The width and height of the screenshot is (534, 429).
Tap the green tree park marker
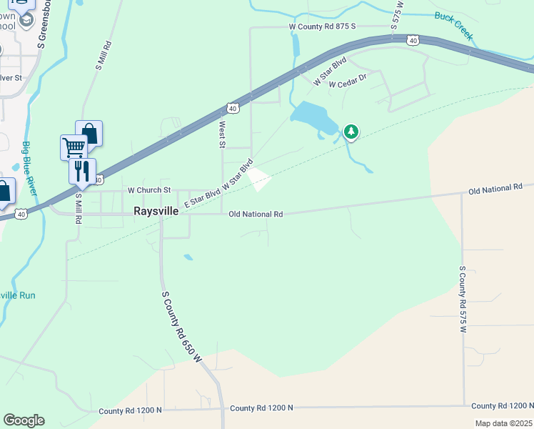[x=351, y=131]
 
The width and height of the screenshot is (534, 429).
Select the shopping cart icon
[x=74, y=147]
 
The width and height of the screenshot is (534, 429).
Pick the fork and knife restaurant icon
[x=82, y=170]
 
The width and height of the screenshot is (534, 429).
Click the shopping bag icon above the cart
[x=89, y=133]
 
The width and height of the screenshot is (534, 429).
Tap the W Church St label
[x=149, y=190]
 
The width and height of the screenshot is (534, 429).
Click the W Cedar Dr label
[x=347, y=81]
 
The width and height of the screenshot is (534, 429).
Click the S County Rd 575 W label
[x=462, y=298]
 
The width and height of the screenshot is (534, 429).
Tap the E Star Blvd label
[x=202, y=193]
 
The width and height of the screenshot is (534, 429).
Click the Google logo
[x=24, y=420]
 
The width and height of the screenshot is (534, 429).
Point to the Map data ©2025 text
[x=503, y=423]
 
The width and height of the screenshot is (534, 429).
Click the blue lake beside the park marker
[x=313, y=117]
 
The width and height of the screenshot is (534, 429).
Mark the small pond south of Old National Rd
[x=188, y=257]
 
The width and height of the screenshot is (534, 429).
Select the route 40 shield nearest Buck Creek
[x=413, y=41]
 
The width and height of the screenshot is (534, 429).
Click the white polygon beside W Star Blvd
[x=259, y=179]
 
